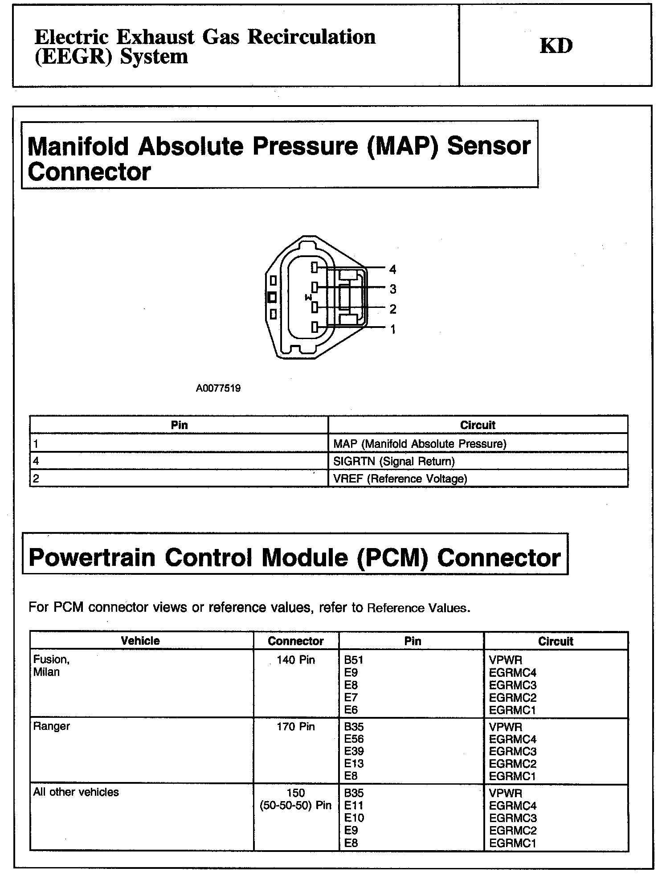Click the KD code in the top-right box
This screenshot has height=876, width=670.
[x=556, y=45]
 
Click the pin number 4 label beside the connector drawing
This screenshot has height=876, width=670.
[x=392, y=269]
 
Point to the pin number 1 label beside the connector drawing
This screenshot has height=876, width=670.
[x=392, y=329]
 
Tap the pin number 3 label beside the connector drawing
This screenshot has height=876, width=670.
[x=392, y=289]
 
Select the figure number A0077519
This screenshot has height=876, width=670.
[x=218, y=388]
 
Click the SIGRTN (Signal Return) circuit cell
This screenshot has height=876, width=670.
[x=394, y=461]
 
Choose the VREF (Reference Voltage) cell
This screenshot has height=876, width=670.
[x=400, y=479]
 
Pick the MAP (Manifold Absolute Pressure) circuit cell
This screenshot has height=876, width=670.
[x=420, y=444]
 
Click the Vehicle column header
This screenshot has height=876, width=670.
[x=140, y=641]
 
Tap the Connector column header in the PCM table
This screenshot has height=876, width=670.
[x=296, y=641]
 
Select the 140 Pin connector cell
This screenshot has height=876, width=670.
[x=296, y=660]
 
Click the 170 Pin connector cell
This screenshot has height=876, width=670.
[x=296, y=727]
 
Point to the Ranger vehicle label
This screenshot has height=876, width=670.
[x=52, y=726]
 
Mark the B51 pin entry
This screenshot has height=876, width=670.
[x=354, y=660]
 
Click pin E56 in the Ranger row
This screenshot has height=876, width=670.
[x=354, y=739]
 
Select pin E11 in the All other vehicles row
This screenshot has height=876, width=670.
[x=354, y=806]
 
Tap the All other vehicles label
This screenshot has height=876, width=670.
[x=76, y=792]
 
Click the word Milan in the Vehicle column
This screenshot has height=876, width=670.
[x=46, y=672]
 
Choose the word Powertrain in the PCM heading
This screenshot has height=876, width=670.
[x=92, y=557]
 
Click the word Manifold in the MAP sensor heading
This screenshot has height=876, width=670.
[x=78, y=146]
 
